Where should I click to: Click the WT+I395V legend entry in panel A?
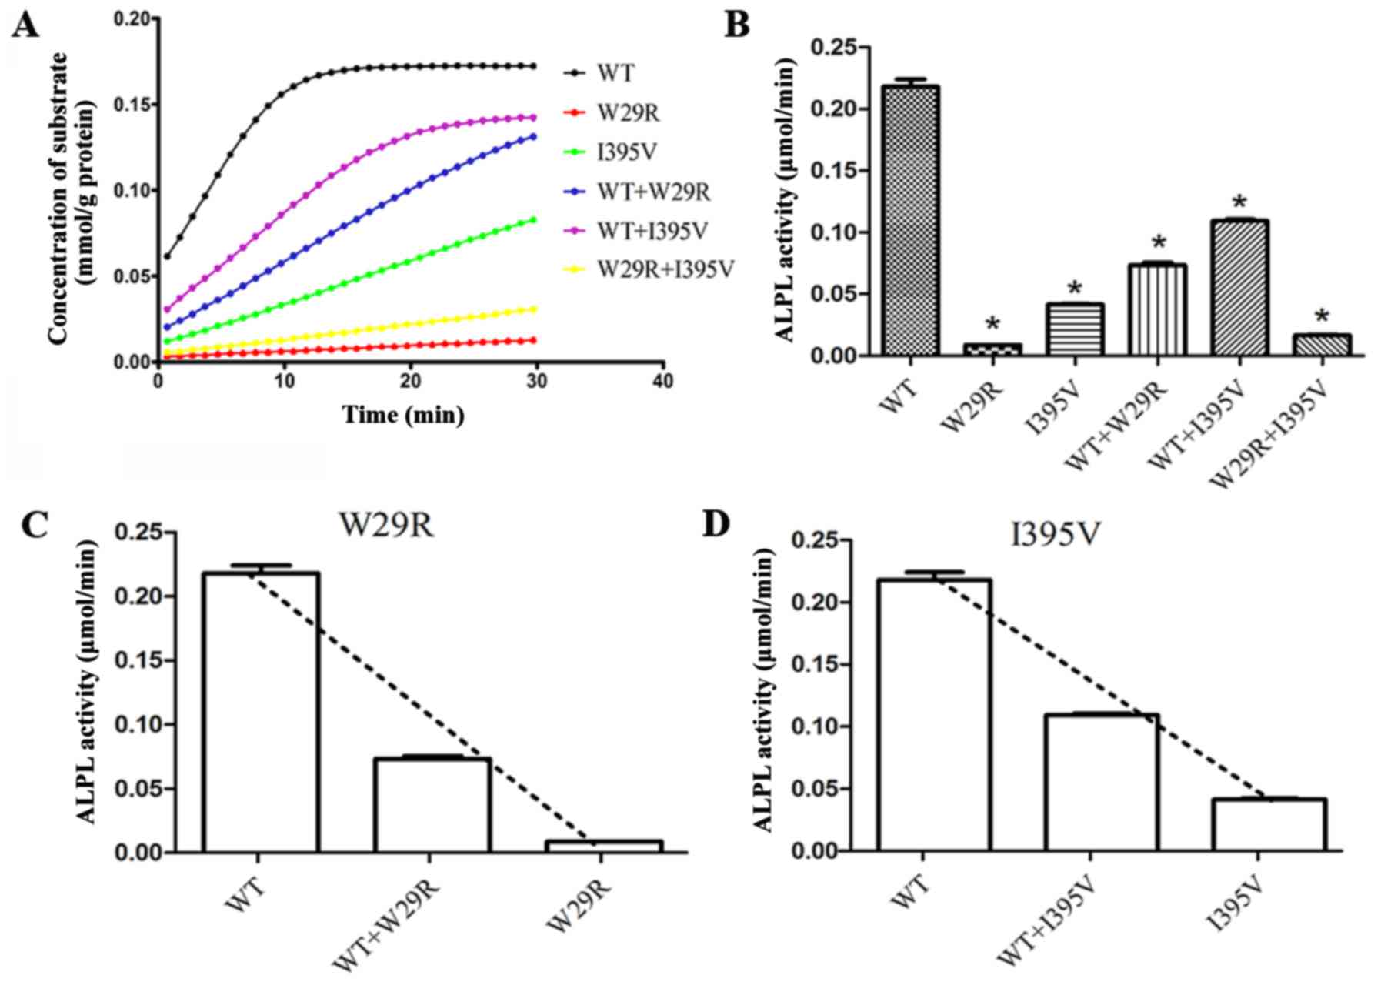pos(652,231)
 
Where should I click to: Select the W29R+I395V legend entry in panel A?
pos(665,270)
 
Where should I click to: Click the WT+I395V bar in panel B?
pos(1239,288)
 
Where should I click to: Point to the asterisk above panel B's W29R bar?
pos(992,323)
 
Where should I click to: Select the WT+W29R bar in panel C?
pos(432,805)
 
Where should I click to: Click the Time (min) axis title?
pos(403,415)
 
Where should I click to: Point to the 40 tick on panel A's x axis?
pos(663,380)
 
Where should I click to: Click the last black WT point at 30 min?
pos(533,66)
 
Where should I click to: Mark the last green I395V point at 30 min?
pos(533,220)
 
